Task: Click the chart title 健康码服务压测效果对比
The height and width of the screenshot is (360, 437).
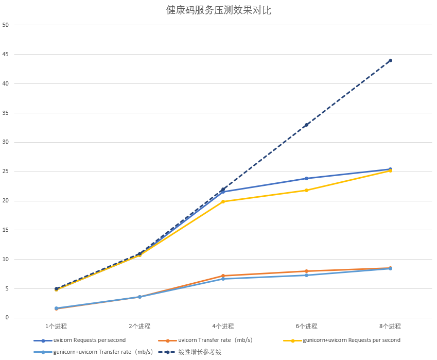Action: tap(218, 10)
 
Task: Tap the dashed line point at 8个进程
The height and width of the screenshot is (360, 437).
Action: tap(390, 60)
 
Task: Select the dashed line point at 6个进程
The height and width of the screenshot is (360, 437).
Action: tap(307, 125)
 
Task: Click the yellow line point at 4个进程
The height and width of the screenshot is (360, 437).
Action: tap(223, 201)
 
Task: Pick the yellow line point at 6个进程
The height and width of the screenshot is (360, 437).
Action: tap(307, 190)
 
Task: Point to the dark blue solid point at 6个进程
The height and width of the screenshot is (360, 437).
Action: tap(307, 178)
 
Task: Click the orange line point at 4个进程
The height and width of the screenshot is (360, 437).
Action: tap(223, 276)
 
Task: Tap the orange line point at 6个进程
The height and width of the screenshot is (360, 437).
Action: tap(307, 271)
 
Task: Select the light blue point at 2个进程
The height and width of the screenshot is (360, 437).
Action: tap(139, 297)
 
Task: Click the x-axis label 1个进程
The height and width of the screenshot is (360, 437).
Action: tap(56, 326)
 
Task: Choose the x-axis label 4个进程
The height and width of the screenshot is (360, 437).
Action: tap(223, 326)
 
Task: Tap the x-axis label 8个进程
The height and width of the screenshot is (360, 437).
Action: tap(390, 326)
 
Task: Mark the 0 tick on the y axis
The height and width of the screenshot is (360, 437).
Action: tap(7, 318)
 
